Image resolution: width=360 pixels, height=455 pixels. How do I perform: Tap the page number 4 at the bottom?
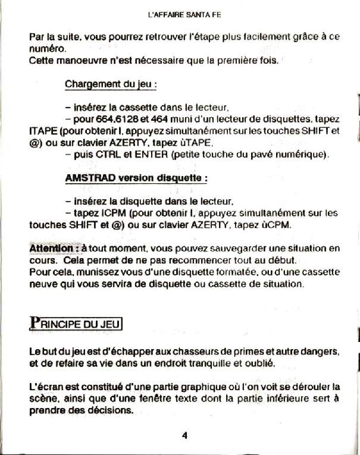pyautogui.click(x=185, y=435)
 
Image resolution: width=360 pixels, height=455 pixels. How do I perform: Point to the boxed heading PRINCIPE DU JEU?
pyautogui.click(x=76, y=324)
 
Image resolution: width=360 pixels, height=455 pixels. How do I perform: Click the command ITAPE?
pyautogui.click(x=43, y=130)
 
